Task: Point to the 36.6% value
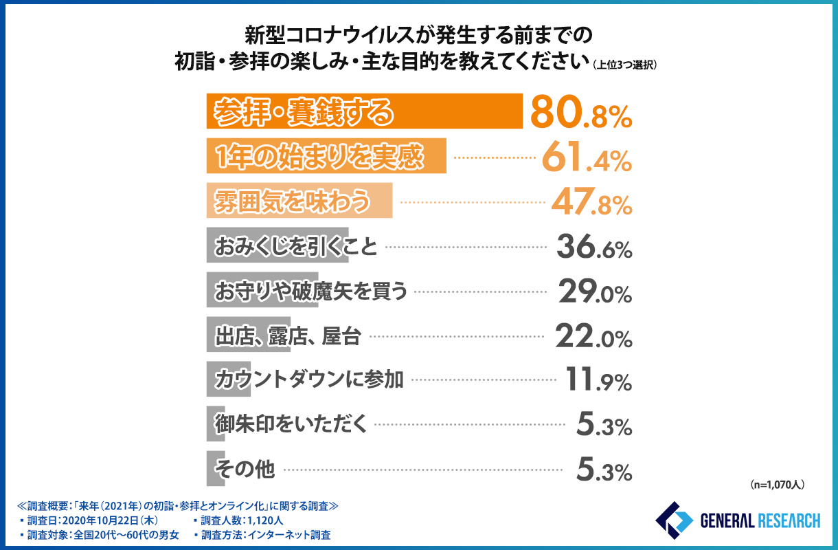click(593, 247)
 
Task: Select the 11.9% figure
click(597, 381)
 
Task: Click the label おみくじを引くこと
click(296, 247)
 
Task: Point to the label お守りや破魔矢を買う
click(311, 291)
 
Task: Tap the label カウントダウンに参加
click(309, 381)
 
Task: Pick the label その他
click(245, 470)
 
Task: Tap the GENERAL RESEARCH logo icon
click(674, 521)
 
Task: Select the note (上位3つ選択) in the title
click(625, 65)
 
